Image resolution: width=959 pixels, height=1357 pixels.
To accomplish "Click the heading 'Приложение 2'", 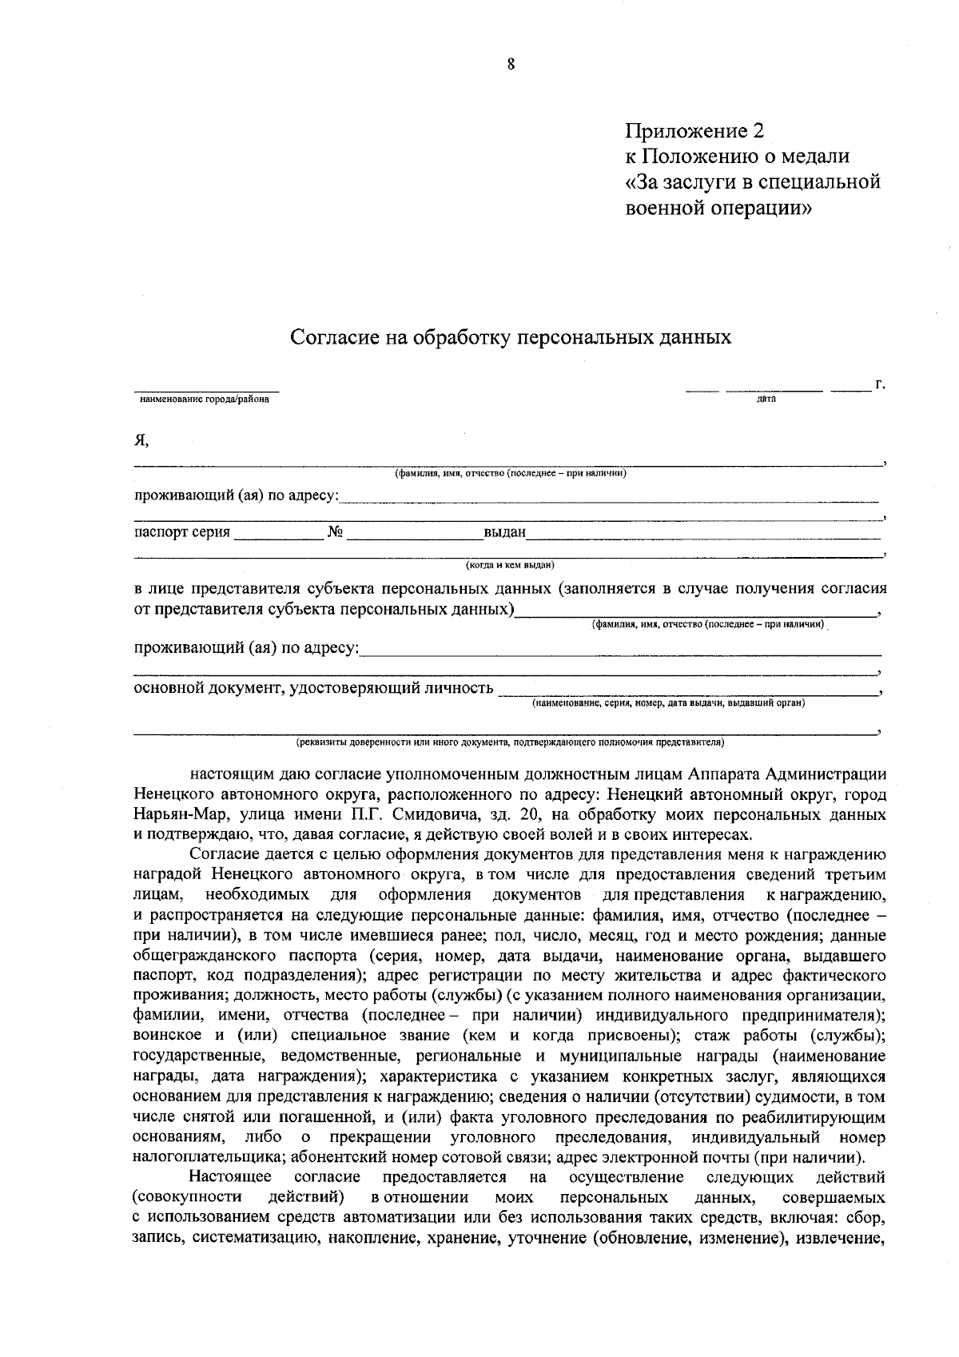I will (x=694, y=130).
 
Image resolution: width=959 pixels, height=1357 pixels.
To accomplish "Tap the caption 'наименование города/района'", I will (x=205, y=400).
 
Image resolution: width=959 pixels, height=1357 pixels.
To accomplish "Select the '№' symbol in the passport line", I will (x=335, y=532).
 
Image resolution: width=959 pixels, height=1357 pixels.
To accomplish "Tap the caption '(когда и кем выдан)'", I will (x=510, y=565).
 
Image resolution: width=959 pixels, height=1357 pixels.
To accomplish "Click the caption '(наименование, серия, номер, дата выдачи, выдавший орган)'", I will (x=668, y=703).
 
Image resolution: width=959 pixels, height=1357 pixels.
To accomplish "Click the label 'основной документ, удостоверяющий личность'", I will (x=312, y=688).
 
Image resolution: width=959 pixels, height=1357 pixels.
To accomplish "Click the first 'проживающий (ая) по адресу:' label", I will (x=236, y=496).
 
